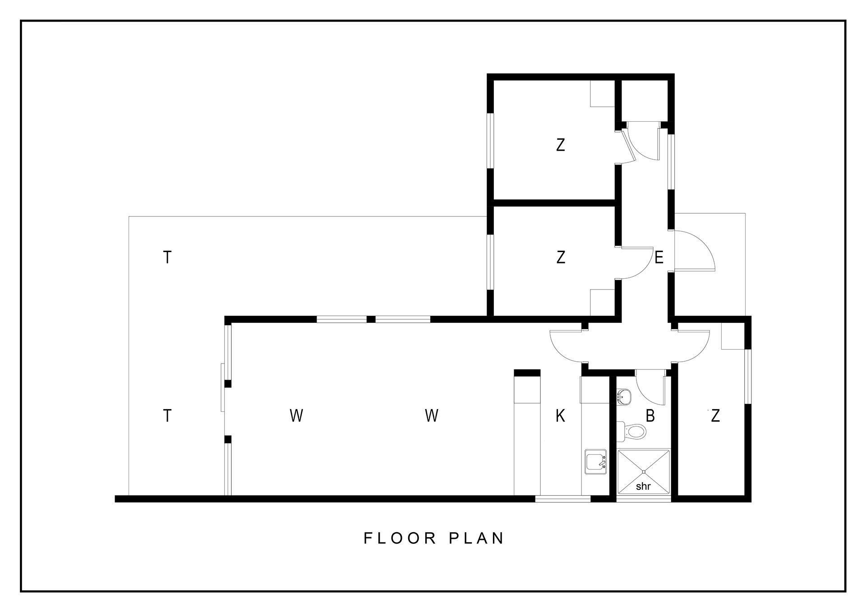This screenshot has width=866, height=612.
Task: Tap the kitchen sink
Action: pos(596,461)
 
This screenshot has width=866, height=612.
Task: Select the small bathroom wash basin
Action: pos(624,397)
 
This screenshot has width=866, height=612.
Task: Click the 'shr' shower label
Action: pos(643,487)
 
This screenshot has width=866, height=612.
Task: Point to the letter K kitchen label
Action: pos(560,416)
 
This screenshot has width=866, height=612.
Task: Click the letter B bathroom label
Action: pos(650,416)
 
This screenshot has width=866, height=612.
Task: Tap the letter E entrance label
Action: pos(659,258)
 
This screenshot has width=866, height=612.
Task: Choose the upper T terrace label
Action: pos(167,257)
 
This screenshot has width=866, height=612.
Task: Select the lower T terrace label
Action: pos(167,415)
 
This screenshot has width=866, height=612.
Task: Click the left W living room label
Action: pos(296,415)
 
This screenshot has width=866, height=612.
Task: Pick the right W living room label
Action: pos(432,415)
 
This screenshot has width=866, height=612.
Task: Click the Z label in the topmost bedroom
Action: pos(561,145)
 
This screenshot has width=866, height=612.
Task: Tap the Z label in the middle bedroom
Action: pos(561,257)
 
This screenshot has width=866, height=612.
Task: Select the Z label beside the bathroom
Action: pos(715,416)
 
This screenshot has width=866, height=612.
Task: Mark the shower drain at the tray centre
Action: pos(644,472)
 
